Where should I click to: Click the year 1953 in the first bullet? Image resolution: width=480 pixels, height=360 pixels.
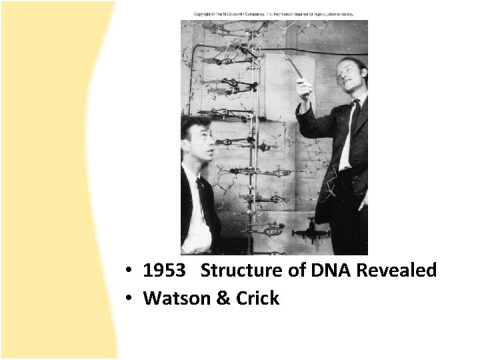pyautogui.click(x=165, y=271)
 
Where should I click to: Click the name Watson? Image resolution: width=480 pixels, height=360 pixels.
pyautogui.click(x=175, y=298)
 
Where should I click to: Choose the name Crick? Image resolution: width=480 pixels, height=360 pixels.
pyautogui.click(x=257, y=298)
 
